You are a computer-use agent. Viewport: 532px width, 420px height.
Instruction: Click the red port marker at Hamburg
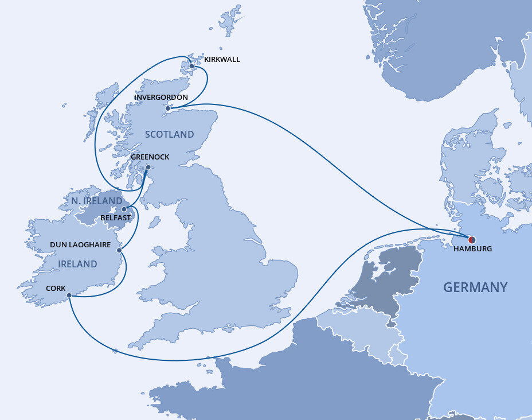click(472, 240)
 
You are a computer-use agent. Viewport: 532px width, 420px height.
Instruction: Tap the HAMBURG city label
click(472, 250)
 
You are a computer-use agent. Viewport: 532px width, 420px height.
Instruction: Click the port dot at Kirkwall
click(191, 66)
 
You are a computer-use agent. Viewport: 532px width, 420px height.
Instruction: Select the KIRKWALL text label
click(222, 59)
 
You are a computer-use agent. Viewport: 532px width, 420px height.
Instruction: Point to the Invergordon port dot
click(167, 108)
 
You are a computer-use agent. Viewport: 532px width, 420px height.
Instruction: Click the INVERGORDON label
click(161, 98)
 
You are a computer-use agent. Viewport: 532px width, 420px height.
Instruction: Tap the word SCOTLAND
click(170, 134)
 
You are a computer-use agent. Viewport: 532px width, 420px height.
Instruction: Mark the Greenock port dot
click(148, 168)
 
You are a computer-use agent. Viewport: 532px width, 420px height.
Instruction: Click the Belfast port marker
click(124, 209)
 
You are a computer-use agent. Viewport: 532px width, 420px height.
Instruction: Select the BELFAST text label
click(116, 219)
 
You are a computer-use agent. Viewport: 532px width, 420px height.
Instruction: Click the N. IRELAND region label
click(97, 201)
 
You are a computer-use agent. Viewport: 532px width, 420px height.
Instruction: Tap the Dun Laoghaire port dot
click(119, 250)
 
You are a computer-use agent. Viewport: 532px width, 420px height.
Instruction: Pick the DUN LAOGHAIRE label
click(80, 245)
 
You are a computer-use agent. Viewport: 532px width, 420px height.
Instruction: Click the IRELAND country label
click(78, 265)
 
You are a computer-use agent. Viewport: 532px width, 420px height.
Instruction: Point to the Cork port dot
click(69, 295)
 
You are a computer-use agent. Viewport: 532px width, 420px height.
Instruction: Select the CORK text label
click(56, 289)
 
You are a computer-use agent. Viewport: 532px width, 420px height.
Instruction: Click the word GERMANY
click(475, 287)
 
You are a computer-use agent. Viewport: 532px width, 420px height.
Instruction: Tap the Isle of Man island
click(154, 221)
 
